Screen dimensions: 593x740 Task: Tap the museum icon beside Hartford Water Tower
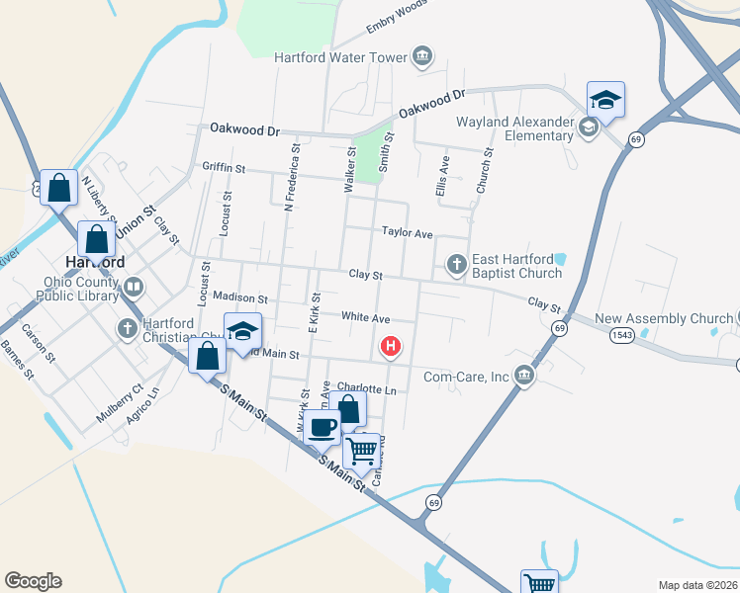(422, 55)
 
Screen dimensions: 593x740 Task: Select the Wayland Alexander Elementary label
(514, 129)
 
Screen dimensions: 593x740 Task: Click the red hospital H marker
(392, 346)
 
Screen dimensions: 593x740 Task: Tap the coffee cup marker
(322, 427)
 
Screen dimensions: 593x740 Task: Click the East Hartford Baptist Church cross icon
(456, 264)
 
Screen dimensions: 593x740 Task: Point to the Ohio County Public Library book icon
(133, 288)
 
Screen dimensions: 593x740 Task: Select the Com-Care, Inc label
(466, 376)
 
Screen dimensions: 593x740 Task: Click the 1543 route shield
(622, 336)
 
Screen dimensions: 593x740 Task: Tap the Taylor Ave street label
(408, 233)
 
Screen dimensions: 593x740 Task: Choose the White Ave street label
(365, 317)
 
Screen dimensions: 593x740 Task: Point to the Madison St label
(240, 297)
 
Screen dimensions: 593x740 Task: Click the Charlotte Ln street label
(366, 389)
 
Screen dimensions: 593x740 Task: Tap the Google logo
(33, 581)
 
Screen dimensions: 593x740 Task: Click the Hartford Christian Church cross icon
(128, 328)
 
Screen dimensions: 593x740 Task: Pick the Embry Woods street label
(396, 16)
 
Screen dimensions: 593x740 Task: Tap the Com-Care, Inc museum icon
(523, 375)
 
